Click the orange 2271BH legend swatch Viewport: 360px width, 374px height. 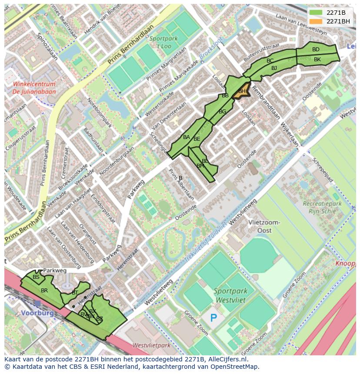[316, 21]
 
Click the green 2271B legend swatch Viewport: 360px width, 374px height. [316, 13]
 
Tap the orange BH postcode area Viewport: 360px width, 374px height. [242, 92]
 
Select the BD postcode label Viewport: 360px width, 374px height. [316, 50]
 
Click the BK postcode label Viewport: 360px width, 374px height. [317, 60]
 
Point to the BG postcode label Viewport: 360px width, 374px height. [222, 112]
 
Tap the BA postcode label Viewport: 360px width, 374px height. [186, 137]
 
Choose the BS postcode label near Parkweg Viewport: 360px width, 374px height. [36, 277]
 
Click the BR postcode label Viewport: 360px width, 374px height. [44, 290]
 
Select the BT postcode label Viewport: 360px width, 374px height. [75, 293]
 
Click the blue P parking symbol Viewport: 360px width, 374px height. [213, 318]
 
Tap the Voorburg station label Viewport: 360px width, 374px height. [37, 313]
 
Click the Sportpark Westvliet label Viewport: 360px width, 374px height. [230, 295]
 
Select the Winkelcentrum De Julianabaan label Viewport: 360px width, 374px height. [34, 88]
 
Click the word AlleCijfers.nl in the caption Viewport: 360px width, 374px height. [227, 359]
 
